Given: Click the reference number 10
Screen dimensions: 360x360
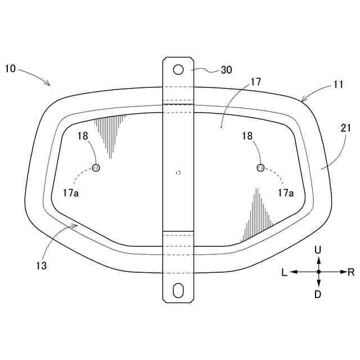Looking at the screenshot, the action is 10,69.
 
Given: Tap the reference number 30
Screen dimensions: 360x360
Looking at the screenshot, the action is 226,70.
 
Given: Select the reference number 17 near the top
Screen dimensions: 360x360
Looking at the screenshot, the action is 256,82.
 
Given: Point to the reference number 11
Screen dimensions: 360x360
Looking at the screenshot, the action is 339,84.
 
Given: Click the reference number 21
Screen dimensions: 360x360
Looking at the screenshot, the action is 346,128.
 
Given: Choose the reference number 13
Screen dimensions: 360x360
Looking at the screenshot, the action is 41,265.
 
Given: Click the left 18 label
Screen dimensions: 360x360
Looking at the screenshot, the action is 83,136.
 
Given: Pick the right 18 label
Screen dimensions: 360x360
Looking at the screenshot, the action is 247,136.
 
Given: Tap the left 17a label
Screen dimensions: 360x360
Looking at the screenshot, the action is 71,193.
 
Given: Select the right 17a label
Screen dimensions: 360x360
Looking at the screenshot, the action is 286,193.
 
